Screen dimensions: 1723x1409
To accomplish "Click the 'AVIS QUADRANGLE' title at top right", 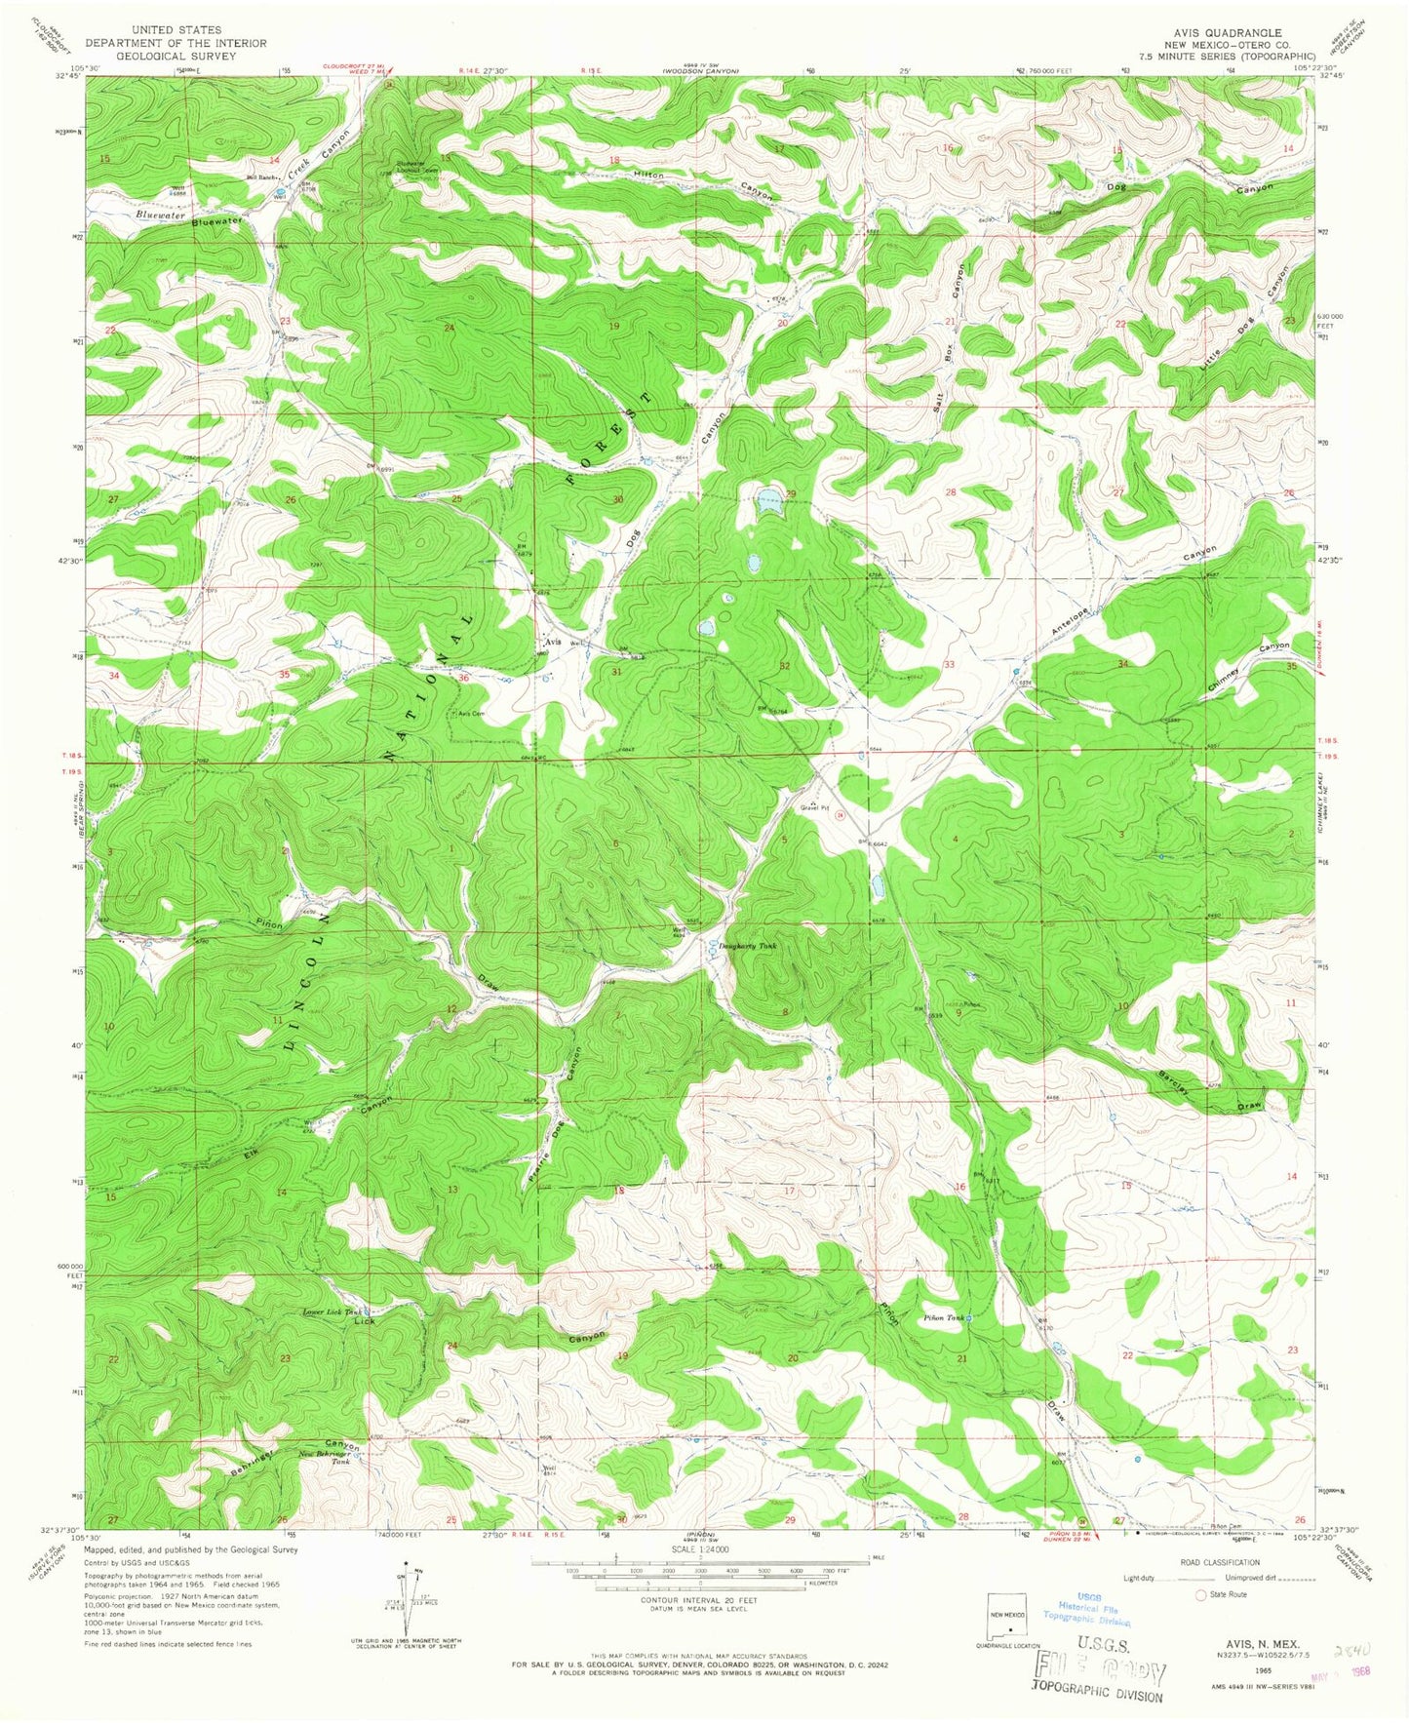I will [x=1230, y=31].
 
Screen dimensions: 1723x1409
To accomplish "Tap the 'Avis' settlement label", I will [x=553, y=642].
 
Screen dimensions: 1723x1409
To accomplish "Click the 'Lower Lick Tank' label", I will [x=332, y=1312].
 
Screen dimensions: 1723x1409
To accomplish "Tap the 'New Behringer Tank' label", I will [x=327, y=1458].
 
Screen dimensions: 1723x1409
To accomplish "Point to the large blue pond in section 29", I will [x=766, y=504].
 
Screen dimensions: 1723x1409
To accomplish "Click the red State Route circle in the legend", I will [x=1201, y=1594].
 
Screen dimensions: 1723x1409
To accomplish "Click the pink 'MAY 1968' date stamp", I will [x=1350, y=1671].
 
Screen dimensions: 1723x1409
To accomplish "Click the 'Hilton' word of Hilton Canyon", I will [x=648, y=176].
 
